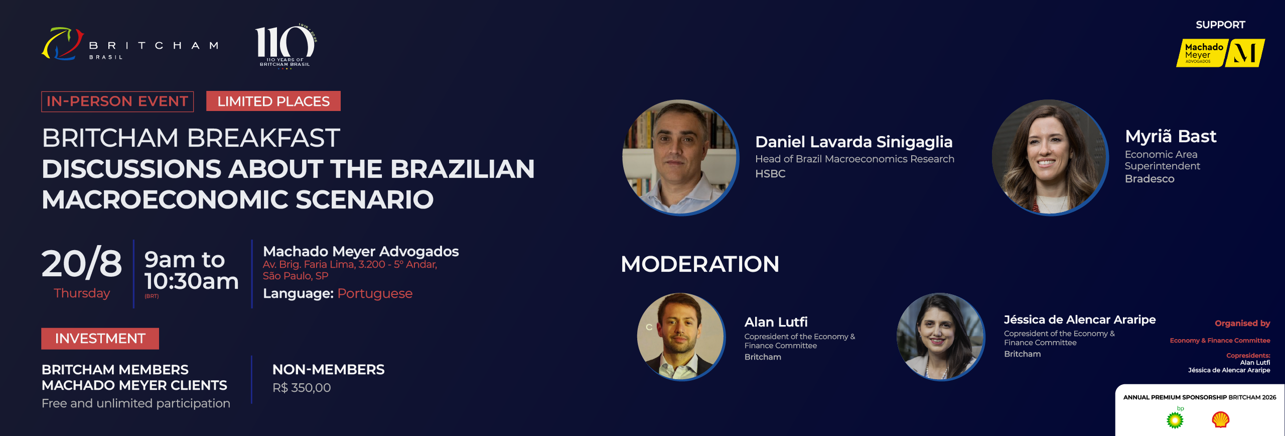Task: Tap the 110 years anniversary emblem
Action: [285, 45]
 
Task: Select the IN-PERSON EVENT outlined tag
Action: [117, 101]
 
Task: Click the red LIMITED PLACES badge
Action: [273, 101]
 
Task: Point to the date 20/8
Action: [82, 263]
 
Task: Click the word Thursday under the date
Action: [82, 293]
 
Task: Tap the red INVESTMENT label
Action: [100, 339]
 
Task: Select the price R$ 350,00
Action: [302, 388]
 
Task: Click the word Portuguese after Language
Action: [375, 294]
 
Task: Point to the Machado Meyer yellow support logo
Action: [1220, 53]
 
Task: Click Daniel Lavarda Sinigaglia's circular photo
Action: [680, 157]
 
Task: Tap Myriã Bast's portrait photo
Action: [1050, 157]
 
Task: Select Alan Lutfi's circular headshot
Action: [681, 337]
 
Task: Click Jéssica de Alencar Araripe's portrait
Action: [941, 337]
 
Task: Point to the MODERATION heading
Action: [700, 264]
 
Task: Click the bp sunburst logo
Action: [1175, 418]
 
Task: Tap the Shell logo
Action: [1220, 419]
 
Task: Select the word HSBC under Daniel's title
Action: [770, 174]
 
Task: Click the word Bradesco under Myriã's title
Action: [1150, 179]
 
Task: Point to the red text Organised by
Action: [1242, 323]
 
